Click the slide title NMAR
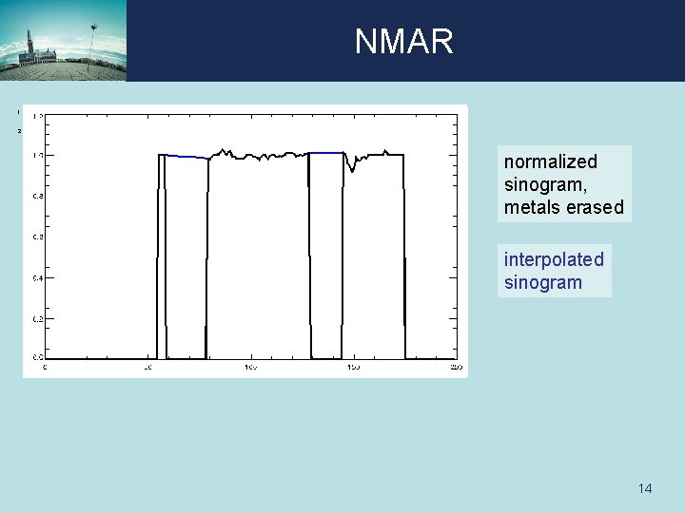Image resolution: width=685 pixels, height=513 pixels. tap(404, 42)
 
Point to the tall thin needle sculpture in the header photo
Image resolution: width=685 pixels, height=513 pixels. tap(93, 38)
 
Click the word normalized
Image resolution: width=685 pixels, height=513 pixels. tap(550, 161)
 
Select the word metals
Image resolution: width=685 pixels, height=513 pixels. tap(534, 207)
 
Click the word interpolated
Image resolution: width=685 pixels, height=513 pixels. tap(554, 259)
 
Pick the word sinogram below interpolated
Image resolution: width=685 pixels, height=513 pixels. tap(542, 282)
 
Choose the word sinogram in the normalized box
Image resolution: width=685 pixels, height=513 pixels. tap(542, 184)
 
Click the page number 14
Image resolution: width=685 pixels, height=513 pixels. tap(645, 488)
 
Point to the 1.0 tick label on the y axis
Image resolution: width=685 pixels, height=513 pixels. tap(37, 155)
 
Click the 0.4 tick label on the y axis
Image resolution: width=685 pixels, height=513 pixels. tap(37, 277)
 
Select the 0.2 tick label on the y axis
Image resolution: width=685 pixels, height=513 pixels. tap(37, 318)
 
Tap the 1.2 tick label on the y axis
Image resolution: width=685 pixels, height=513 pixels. tap(37, 115)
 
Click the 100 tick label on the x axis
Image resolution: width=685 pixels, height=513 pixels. tap(249, 366)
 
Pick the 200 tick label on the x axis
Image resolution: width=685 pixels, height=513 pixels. tap(455, 366)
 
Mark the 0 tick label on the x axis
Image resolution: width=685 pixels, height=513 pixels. tap(46, 366)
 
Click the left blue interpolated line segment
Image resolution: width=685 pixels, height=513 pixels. tap(186, 157)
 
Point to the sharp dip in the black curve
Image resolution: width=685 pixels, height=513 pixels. tap(353, 169)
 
